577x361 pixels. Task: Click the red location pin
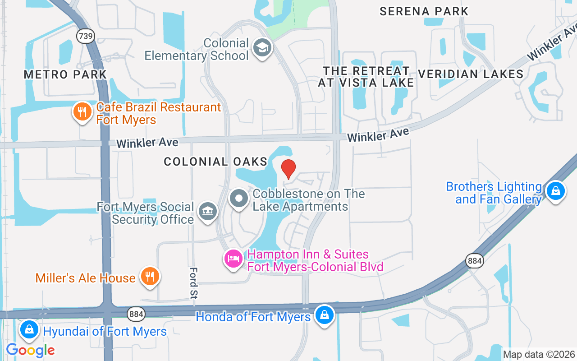coord(288,169)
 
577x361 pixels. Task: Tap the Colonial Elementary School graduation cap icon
coord(262,47)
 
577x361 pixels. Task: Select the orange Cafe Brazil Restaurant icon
coord(82,111)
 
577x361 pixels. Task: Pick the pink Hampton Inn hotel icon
coord(234,259)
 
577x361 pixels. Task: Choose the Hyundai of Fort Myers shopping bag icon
coord(29,329)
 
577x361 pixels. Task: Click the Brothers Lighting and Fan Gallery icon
coord(555,191)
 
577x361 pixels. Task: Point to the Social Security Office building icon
coord(207,211)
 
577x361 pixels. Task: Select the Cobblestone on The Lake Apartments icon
coord(239,199)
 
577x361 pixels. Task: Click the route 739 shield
coord(85,36)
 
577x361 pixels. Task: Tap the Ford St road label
coord(194,283)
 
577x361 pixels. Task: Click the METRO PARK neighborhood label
coord(65,74)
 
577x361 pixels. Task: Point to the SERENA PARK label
coord(424,11)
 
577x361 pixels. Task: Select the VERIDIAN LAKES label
coord(471,74)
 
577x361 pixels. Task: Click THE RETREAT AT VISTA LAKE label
coord(366,77)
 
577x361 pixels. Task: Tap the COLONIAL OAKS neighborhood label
coord(215,162)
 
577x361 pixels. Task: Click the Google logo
coord(31,350)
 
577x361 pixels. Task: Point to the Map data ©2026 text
coord(539,355)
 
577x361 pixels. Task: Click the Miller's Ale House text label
coord(86,278)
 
